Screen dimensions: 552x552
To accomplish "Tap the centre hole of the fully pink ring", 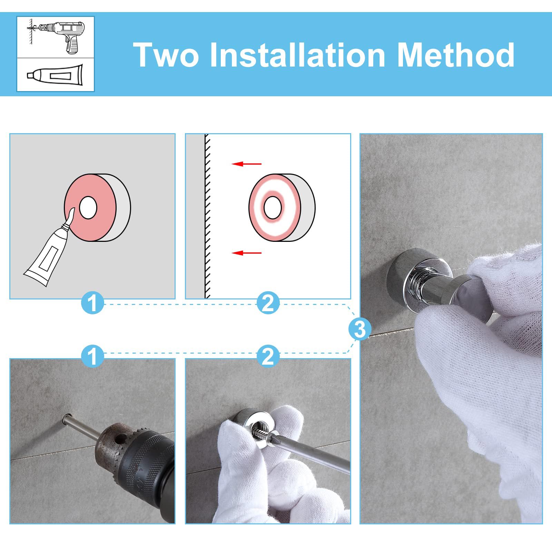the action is [x=88, y=208].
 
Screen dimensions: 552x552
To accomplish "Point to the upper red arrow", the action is [x=246, y=164].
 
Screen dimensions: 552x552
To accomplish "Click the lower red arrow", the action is [x=246, y=253].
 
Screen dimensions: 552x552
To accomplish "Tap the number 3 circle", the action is [x=360, y=329].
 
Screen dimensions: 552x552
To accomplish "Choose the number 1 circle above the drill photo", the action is [x=92, y=356].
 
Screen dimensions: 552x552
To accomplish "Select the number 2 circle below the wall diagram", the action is [x=268, y=303].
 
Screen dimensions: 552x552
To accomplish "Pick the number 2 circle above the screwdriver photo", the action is [x=268, y=356].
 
